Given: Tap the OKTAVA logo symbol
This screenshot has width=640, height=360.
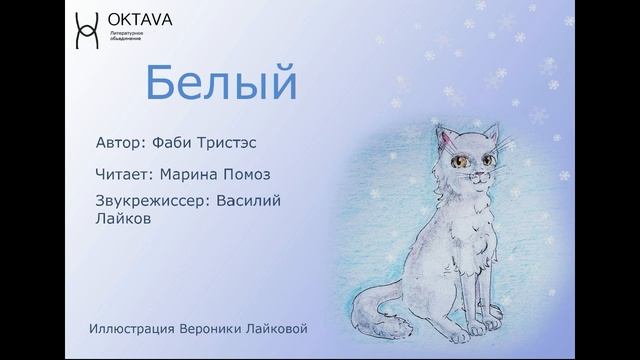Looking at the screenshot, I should click(x=87, y=30).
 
